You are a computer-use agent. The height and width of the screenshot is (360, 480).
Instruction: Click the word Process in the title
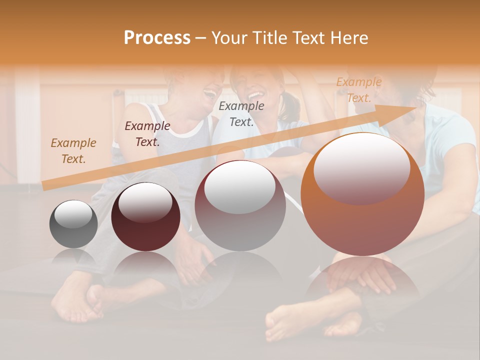157,38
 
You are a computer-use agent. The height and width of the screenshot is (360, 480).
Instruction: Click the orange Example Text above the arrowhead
358,90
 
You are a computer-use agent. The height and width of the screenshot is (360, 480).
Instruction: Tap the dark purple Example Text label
147,134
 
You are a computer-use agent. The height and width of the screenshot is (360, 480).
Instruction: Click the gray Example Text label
241,113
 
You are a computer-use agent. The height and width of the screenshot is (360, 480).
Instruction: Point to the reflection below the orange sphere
362,280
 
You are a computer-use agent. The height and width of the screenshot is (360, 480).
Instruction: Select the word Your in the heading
230,38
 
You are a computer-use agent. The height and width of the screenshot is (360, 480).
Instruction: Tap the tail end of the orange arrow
44,186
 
